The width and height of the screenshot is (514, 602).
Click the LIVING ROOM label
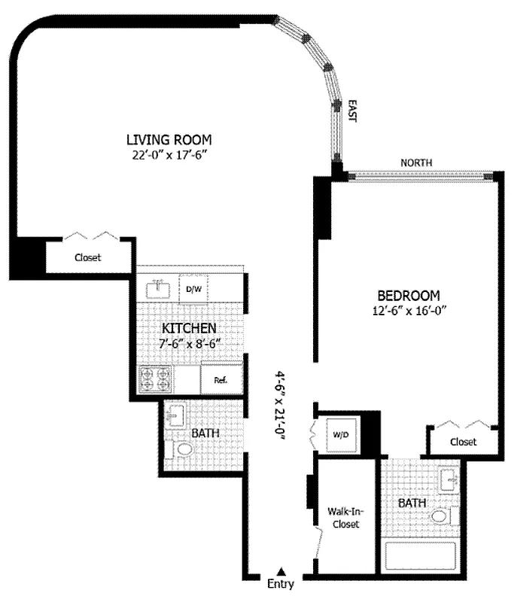(169, 139)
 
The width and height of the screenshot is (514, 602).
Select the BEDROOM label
(408, 295)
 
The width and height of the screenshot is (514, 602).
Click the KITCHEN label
(190, 329)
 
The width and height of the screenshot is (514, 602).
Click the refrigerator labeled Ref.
(221, 379)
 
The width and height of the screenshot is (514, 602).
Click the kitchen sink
(159, 287)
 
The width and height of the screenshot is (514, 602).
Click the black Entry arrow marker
(281, 571)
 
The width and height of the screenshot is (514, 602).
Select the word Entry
(281, 584)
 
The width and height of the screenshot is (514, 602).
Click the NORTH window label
(417, 162)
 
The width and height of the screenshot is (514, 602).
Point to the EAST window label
(351, 112)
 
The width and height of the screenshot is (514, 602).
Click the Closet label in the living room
(87, 257)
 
